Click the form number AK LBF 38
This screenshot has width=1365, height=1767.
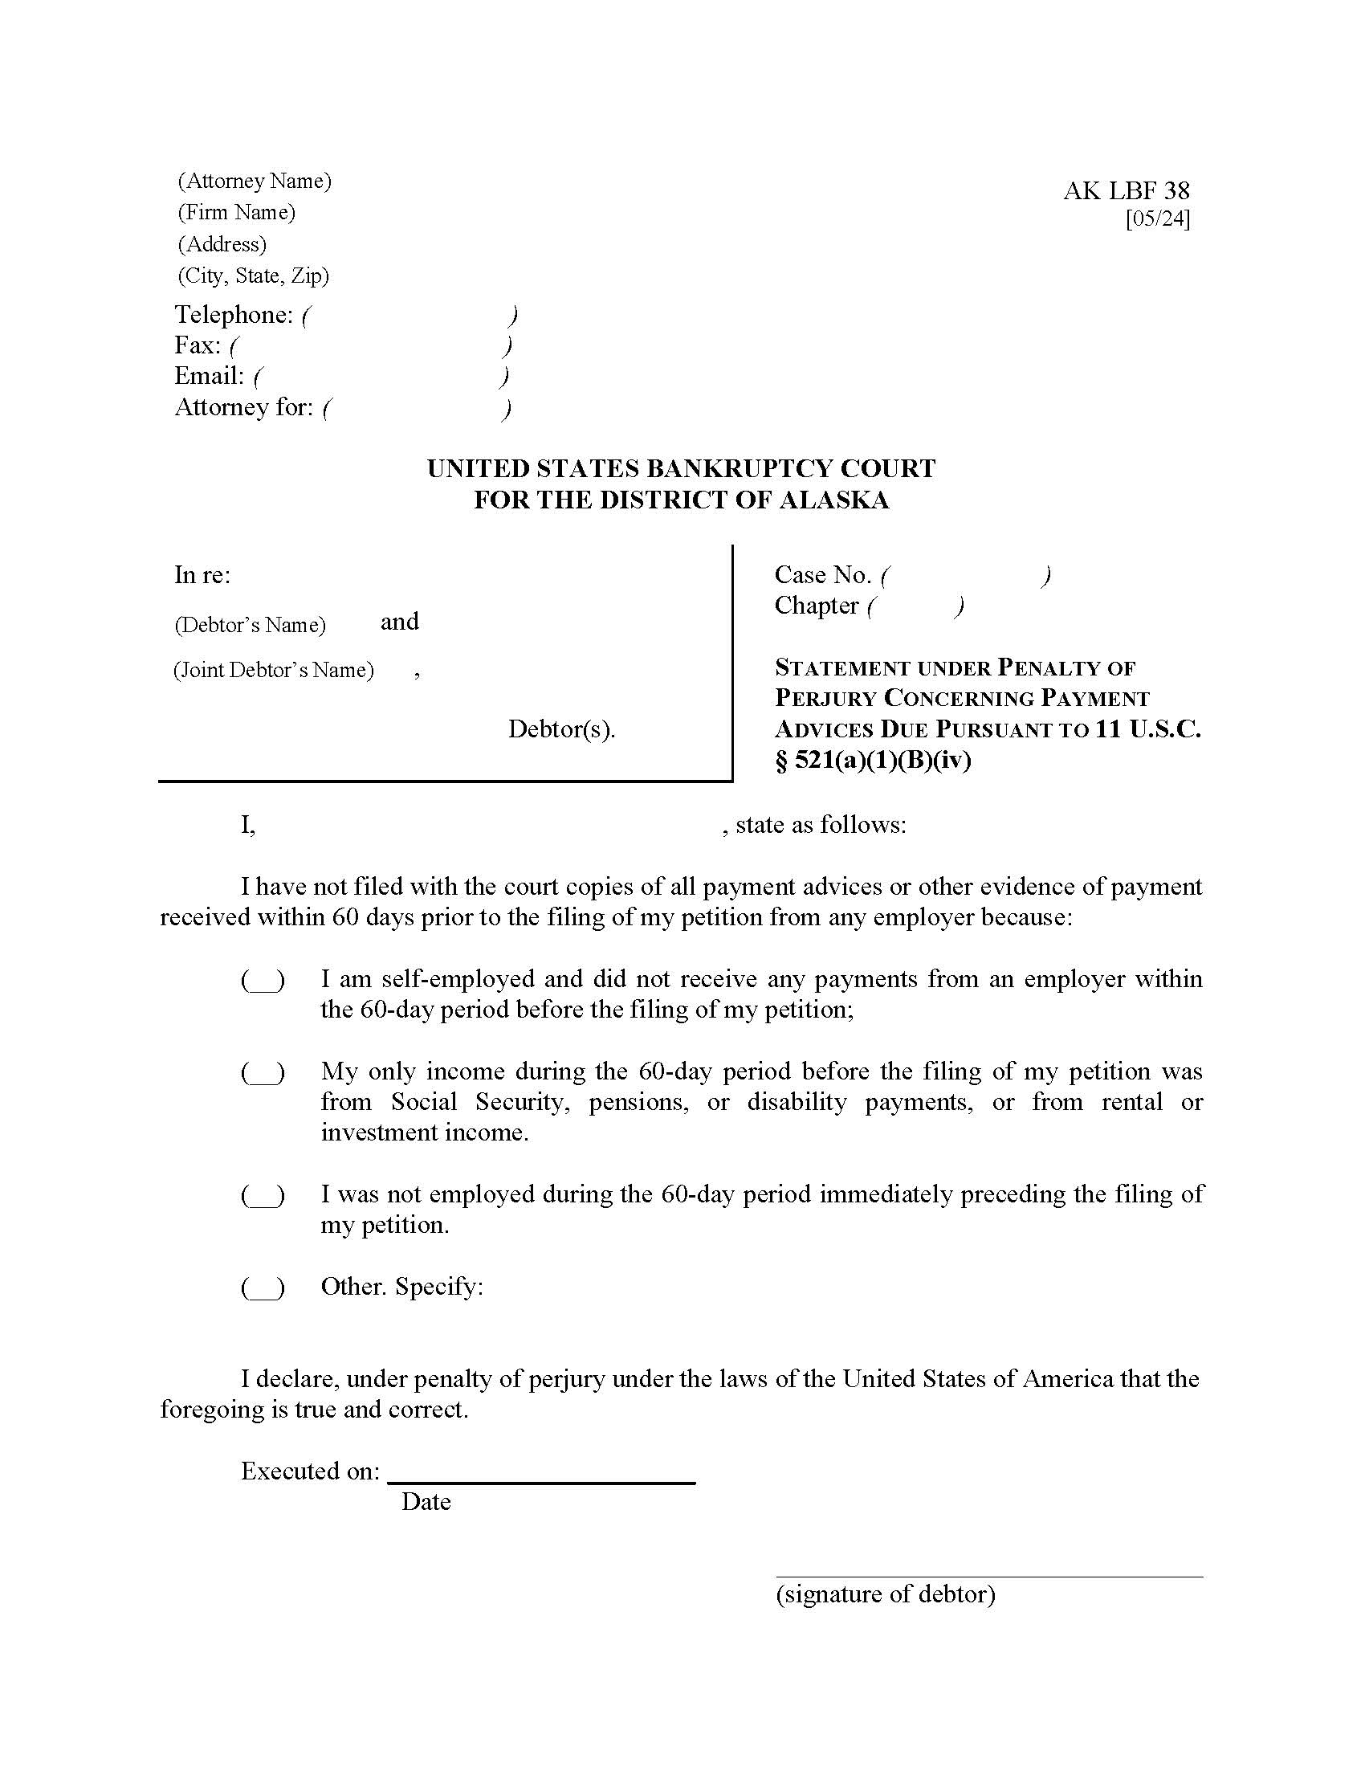[x=1126, y=191]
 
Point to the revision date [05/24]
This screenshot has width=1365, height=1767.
[x=1157, y=219]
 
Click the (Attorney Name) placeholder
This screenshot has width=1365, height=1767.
[x=254, y=181]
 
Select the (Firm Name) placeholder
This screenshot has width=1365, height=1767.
[x=236, y=212]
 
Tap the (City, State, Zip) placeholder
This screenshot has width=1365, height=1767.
[x=253, y=275]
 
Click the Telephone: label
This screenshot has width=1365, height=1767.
[x=234, y=315]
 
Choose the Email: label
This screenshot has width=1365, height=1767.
[x=209, y=376]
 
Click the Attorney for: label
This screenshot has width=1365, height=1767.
[x=243, y=407]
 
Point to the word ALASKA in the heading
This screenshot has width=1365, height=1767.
[x=833, y=500]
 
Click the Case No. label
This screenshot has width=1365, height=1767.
[x=822, y=575]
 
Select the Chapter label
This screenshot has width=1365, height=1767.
[x=816, y=606]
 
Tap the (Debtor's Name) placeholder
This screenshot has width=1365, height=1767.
[x=250, y=625]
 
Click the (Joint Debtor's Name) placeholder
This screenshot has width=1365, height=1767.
[x=273, y=670]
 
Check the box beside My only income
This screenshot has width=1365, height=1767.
[x=263, y=1074]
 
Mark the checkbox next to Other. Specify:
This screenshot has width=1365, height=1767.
[x=263, y=1288]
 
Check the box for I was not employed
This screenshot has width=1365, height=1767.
[x=263, y=1197]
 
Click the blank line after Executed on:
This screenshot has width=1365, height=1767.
[x=541, y=1472]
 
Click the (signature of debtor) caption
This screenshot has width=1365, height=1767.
[x=885, y=1594]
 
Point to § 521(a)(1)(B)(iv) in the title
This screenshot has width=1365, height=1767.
[x=873, y=761]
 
